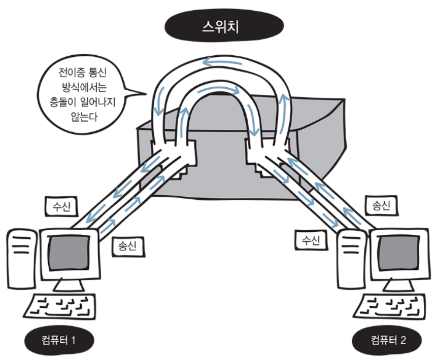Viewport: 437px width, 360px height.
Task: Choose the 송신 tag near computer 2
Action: pyautogui.click(x=380, y=205)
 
